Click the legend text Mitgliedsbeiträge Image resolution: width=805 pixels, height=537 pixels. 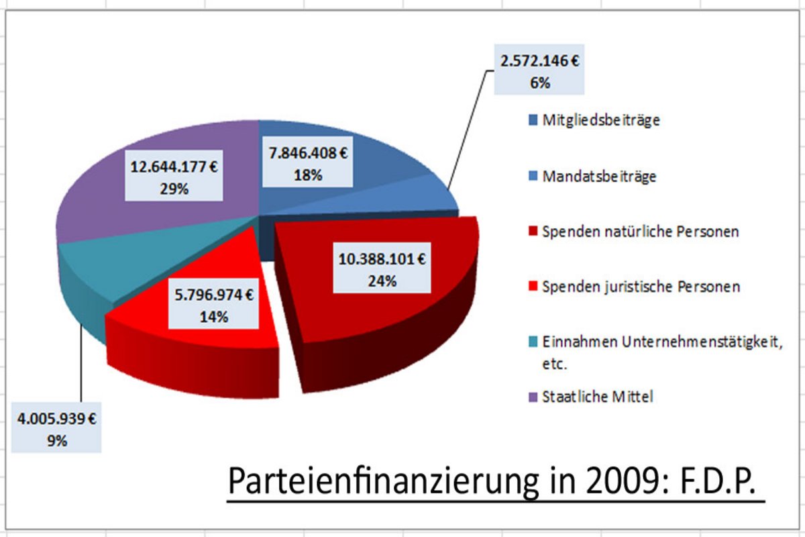pos(601,121)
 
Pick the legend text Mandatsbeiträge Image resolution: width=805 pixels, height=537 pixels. pos(599,177)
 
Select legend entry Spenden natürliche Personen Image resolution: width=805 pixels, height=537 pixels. pos(641,232)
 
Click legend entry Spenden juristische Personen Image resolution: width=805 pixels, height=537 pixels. pos(641,287)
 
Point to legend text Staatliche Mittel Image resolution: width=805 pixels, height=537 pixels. pos(597,397)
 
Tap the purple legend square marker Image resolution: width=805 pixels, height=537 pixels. pos(533,397)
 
